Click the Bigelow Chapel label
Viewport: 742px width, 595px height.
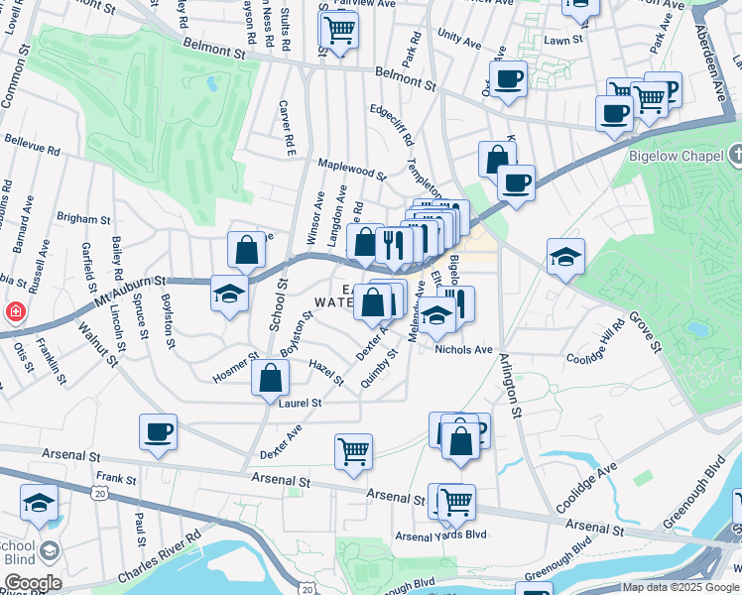pos(678,155)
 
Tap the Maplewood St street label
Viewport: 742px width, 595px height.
pos(351,169)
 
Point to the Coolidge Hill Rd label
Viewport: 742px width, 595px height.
pos(595,340)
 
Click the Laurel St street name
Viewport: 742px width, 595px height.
pos(301,404)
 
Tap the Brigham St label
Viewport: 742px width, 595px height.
pos(84,219)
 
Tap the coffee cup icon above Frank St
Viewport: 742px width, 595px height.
pos(158,431)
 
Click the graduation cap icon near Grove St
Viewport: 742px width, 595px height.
pos(565,256)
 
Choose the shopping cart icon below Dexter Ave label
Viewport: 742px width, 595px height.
pos(353,451)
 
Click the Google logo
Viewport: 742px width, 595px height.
pos(33,583)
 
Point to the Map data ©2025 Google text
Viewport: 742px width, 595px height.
pos(680,587)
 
